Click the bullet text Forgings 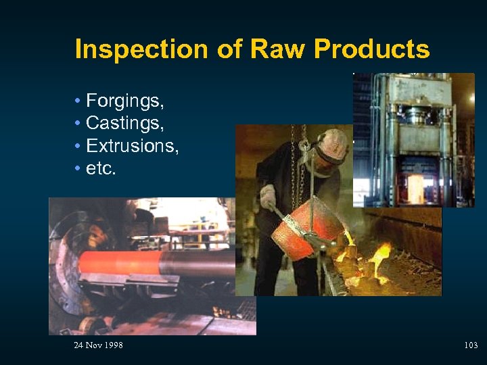coord(125,102)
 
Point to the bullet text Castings coord(125,124)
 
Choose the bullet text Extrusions coord(133,145)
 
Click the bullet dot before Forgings coord(78,102)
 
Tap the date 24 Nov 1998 coord(98,345)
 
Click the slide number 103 coord(471,345)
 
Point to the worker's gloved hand coord(268,197)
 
